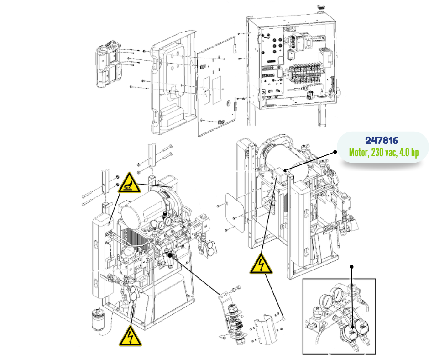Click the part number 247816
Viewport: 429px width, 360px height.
[x=382, y=141]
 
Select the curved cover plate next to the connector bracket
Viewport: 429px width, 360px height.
[x=265, y=329]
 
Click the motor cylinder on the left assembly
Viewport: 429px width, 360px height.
[x=140, y=207]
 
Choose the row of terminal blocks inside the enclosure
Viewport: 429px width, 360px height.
[x=306, y=72]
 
